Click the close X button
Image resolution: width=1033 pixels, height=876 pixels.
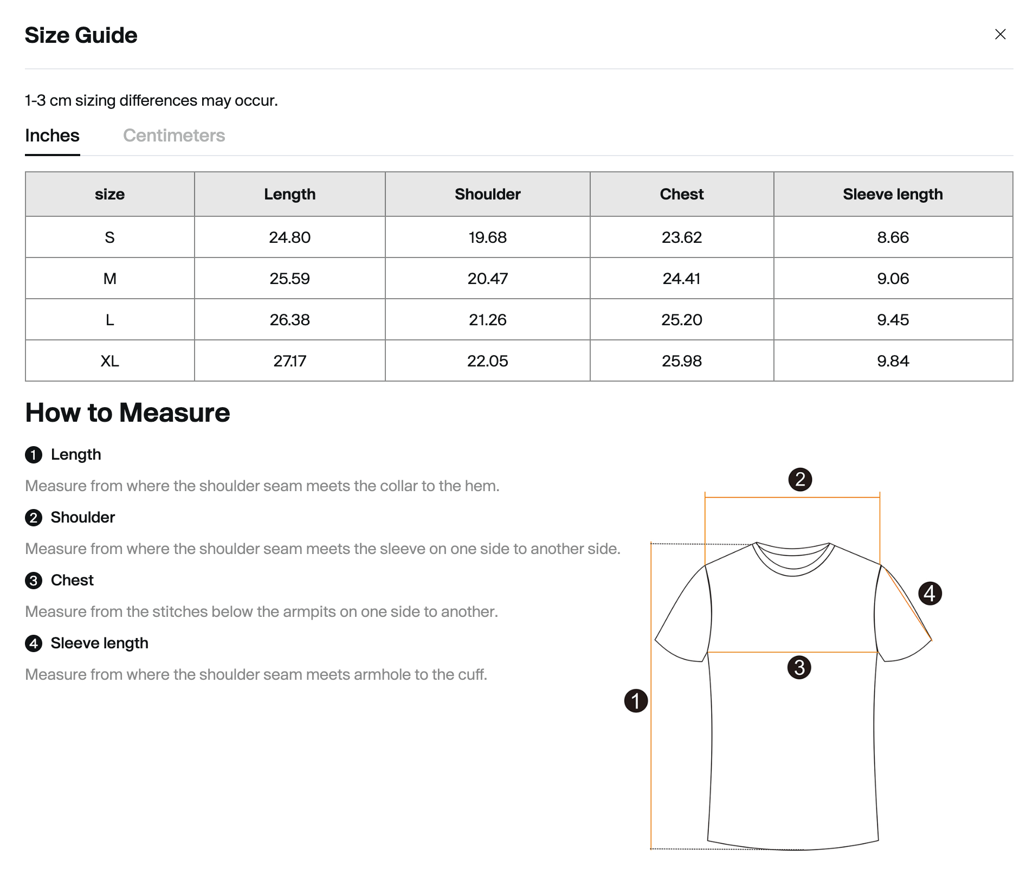(1000, 34)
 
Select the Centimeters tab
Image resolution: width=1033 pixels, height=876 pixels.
(173, 136)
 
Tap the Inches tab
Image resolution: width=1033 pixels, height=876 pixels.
(52, 136)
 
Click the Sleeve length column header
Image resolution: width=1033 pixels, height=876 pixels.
(892, 194)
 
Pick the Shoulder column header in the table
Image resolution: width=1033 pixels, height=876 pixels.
(487, 194)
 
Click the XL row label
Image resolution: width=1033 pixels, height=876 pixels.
(109, 361)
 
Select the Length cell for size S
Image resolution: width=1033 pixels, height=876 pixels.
(289, 237)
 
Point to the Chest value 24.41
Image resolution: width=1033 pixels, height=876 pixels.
(681, 279)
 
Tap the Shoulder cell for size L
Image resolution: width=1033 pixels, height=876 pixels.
(487, 320)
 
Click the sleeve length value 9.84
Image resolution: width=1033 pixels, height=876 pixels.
(893, 361)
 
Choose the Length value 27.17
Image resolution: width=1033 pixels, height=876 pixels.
(289, 361)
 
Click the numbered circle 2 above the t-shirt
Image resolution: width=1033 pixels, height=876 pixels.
(800, 480)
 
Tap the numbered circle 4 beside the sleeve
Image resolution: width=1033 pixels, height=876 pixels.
(930, 594)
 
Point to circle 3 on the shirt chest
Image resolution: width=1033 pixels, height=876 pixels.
(799, 667)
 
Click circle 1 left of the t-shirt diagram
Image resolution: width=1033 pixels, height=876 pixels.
(636, 701)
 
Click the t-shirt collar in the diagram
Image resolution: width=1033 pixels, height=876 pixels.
(792, 558)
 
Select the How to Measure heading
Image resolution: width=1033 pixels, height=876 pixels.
(127, 413)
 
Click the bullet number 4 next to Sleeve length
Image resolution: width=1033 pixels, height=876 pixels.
(34, 643)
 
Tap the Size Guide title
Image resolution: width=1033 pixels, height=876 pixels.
(81, 35)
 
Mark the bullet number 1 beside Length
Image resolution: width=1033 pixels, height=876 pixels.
(34, 455)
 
